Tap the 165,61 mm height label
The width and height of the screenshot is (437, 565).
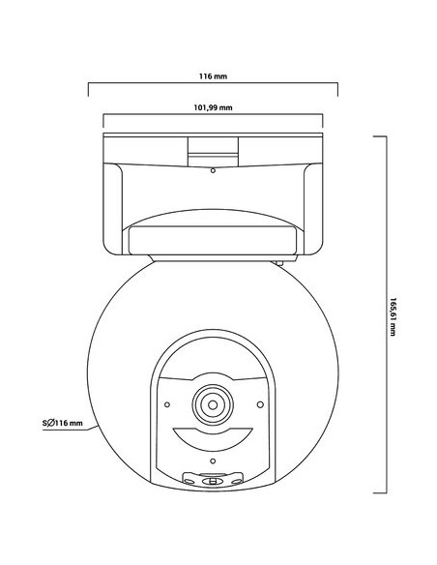point(393,315)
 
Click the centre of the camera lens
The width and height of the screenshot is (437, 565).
point(212,403)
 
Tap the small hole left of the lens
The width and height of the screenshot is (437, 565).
point(166,403)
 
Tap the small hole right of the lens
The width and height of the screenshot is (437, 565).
point(258,403)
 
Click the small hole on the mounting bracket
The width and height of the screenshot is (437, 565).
point(212,171)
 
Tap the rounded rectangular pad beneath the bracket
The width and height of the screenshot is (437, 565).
point(212,236)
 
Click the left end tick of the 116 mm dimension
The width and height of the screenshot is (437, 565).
point(89,89)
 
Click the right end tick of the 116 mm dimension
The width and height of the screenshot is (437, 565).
point(337,89)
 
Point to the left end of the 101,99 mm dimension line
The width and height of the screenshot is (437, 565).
point(102,122)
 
